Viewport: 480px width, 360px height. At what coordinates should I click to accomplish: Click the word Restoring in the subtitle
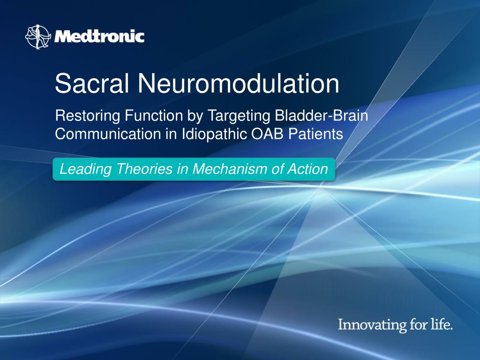[x=87, y=115]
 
